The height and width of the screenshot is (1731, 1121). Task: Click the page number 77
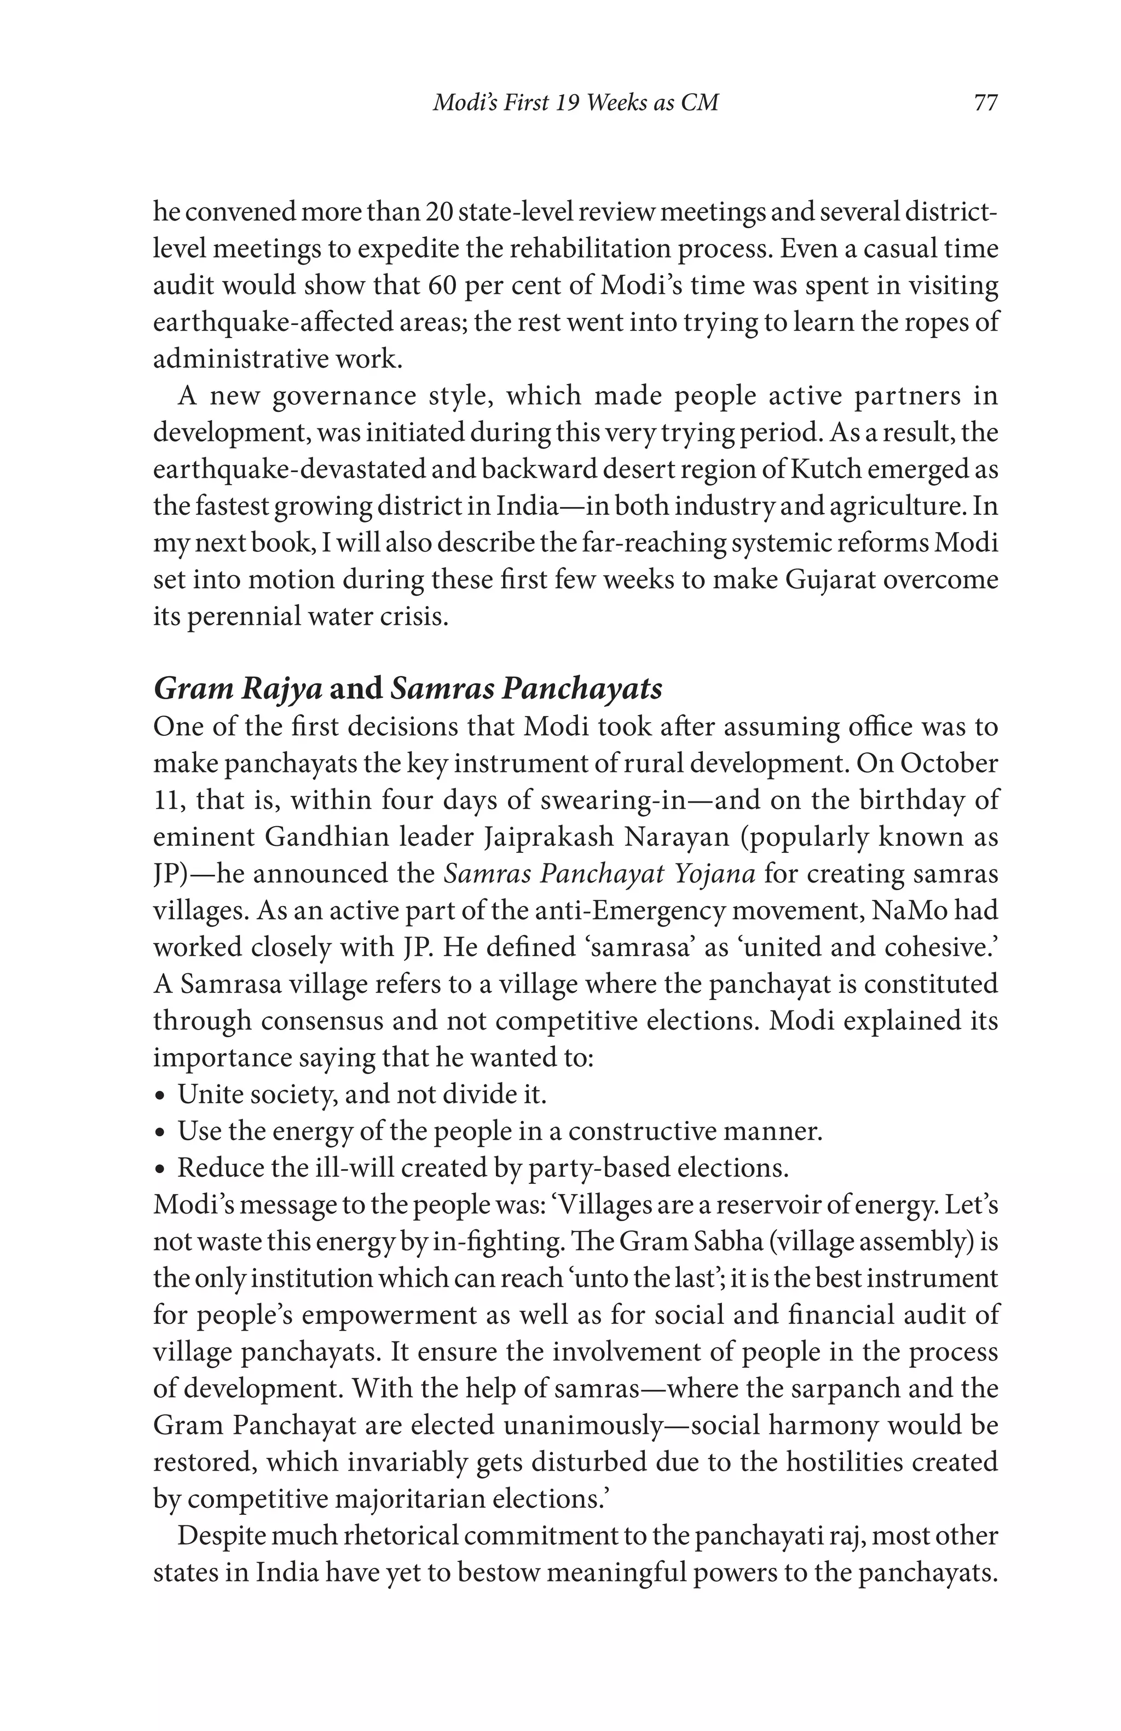pyautogui.click(x=985, y=102)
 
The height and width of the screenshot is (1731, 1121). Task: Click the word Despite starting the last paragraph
pyautogui.click(x=221, y=1535)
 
